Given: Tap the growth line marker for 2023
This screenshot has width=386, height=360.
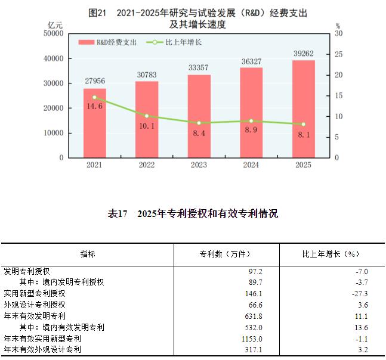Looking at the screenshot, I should coord(199,123).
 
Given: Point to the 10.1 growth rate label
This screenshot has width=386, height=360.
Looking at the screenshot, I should coord(147,126).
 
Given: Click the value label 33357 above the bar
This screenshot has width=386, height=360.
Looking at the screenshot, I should coord(199,67).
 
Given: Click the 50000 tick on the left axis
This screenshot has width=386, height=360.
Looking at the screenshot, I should coord(54,34).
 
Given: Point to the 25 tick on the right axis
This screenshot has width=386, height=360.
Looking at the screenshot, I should coord(338,55).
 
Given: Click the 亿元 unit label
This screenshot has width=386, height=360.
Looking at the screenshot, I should coord(55,25).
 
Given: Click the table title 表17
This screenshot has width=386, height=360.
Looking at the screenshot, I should coord(193,214).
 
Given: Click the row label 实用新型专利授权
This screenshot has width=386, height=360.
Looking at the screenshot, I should coord(34,293).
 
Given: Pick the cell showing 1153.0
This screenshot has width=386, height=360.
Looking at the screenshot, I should coord(252,339).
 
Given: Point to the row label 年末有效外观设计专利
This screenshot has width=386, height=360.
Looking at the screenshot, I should coord(42,349).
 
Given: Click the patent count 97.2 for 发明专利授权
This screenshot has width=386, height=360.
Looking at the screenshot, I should coord(254,271).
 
